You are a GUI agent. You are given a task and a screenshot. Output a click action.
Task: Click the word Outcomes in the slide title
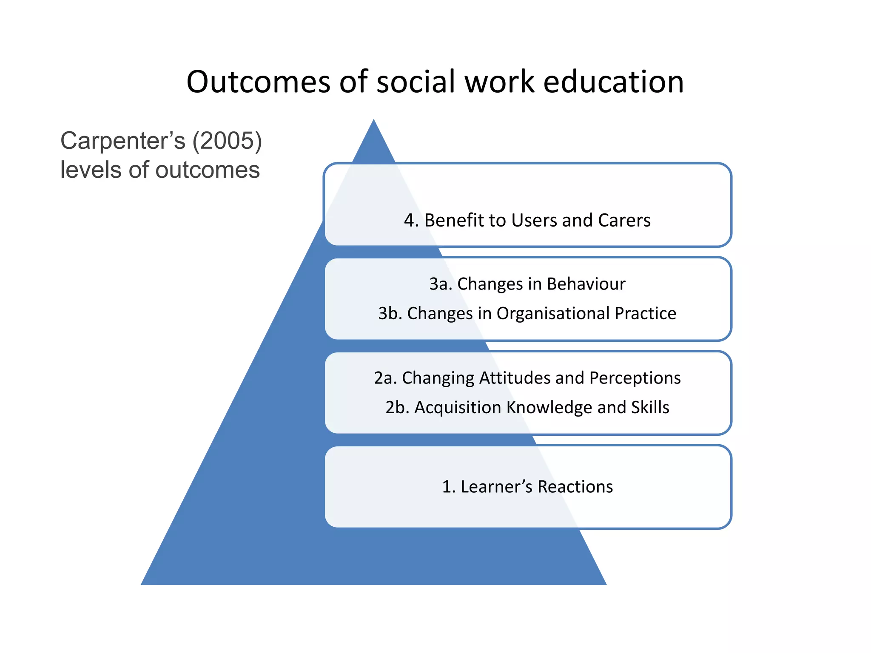click(258, 82)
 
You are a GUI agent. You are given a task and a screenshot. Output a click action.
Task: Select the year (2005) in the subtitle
click(227, 140)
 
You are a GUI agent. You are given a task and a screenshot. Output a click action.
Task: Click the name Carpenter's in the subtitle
click(123, 141)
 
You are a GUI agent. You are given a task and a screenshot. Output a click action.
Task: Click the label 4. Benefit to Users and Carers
click(527, 220)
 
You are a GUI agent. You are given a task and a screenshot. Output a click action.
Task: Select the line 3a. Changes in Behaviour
click(527, 284)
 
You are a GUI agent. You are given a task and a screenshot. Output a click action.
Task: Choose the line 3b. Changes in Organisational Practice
click(527, 313)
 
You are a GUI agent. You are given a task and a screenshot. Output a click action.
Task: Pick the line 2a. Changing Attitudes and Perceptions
click(527, 378)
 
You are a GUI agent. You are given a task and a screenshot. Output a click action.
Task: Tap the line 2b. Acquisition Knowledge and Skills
click(527, 407)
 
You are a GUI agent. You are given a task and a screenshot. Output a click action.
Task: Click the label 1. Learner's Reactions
click(527, 487)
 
